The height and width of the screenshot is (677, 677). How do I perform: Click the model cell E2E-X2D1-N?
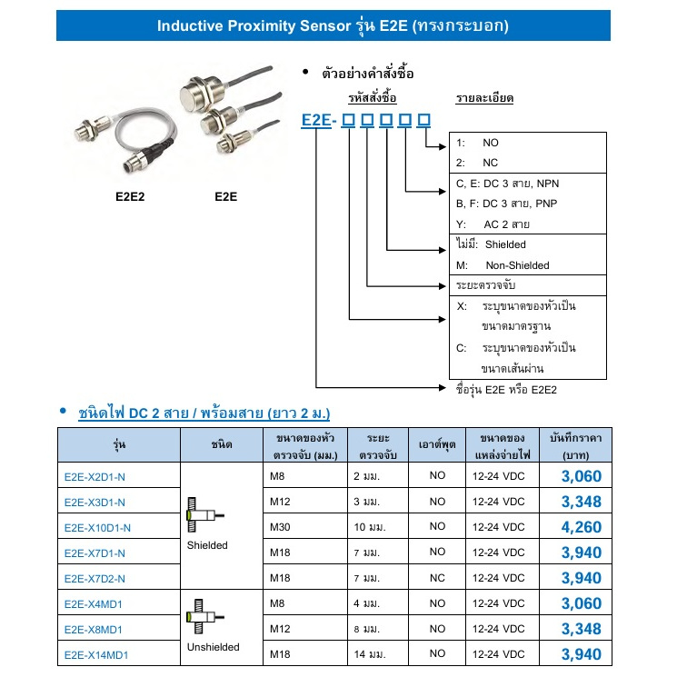click(95, 475)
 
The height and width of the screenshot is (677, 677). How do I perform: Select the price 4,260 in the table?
click(581, 526)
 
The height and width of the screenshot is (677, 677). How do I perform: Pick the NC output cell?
click(438, 577)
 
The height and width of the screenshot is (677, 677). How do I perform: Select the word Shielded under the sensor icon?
click(208, 545)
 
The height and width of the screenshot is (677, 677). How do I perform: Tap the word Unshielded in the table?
click(213, 647)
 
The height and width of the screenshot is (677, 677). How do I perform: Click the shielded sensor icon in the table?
click(204, 515)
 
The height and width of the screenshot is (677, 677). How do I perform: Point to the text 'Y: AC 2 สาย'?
click(494, 224)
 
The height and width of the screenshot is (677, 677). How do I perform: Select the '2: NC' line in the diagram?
click(479, 163)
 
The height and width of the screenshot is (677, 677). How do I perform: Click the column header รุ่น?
click(120, 444)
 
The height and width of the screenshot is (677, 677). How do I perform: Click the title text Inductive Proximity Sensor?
click(247, 26)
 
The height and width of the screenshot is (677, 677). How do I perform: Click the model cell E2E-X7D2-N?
click(95, 577)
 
